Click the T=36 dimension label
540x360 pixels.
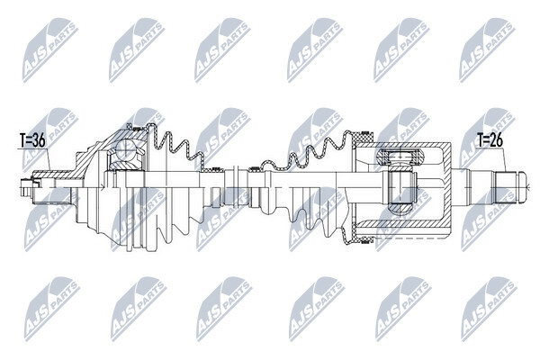click(32, 141)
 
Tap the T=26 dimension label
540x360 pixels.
click(490, 140)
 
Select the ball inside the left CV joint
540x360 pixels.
click(125, 150)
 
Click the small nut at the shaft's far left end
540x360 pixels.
click(26, 188)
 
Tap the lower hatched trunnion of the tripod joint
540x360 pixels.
click(400, 207)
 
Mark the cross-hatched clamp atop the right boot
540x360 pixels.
click(364, 138)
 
